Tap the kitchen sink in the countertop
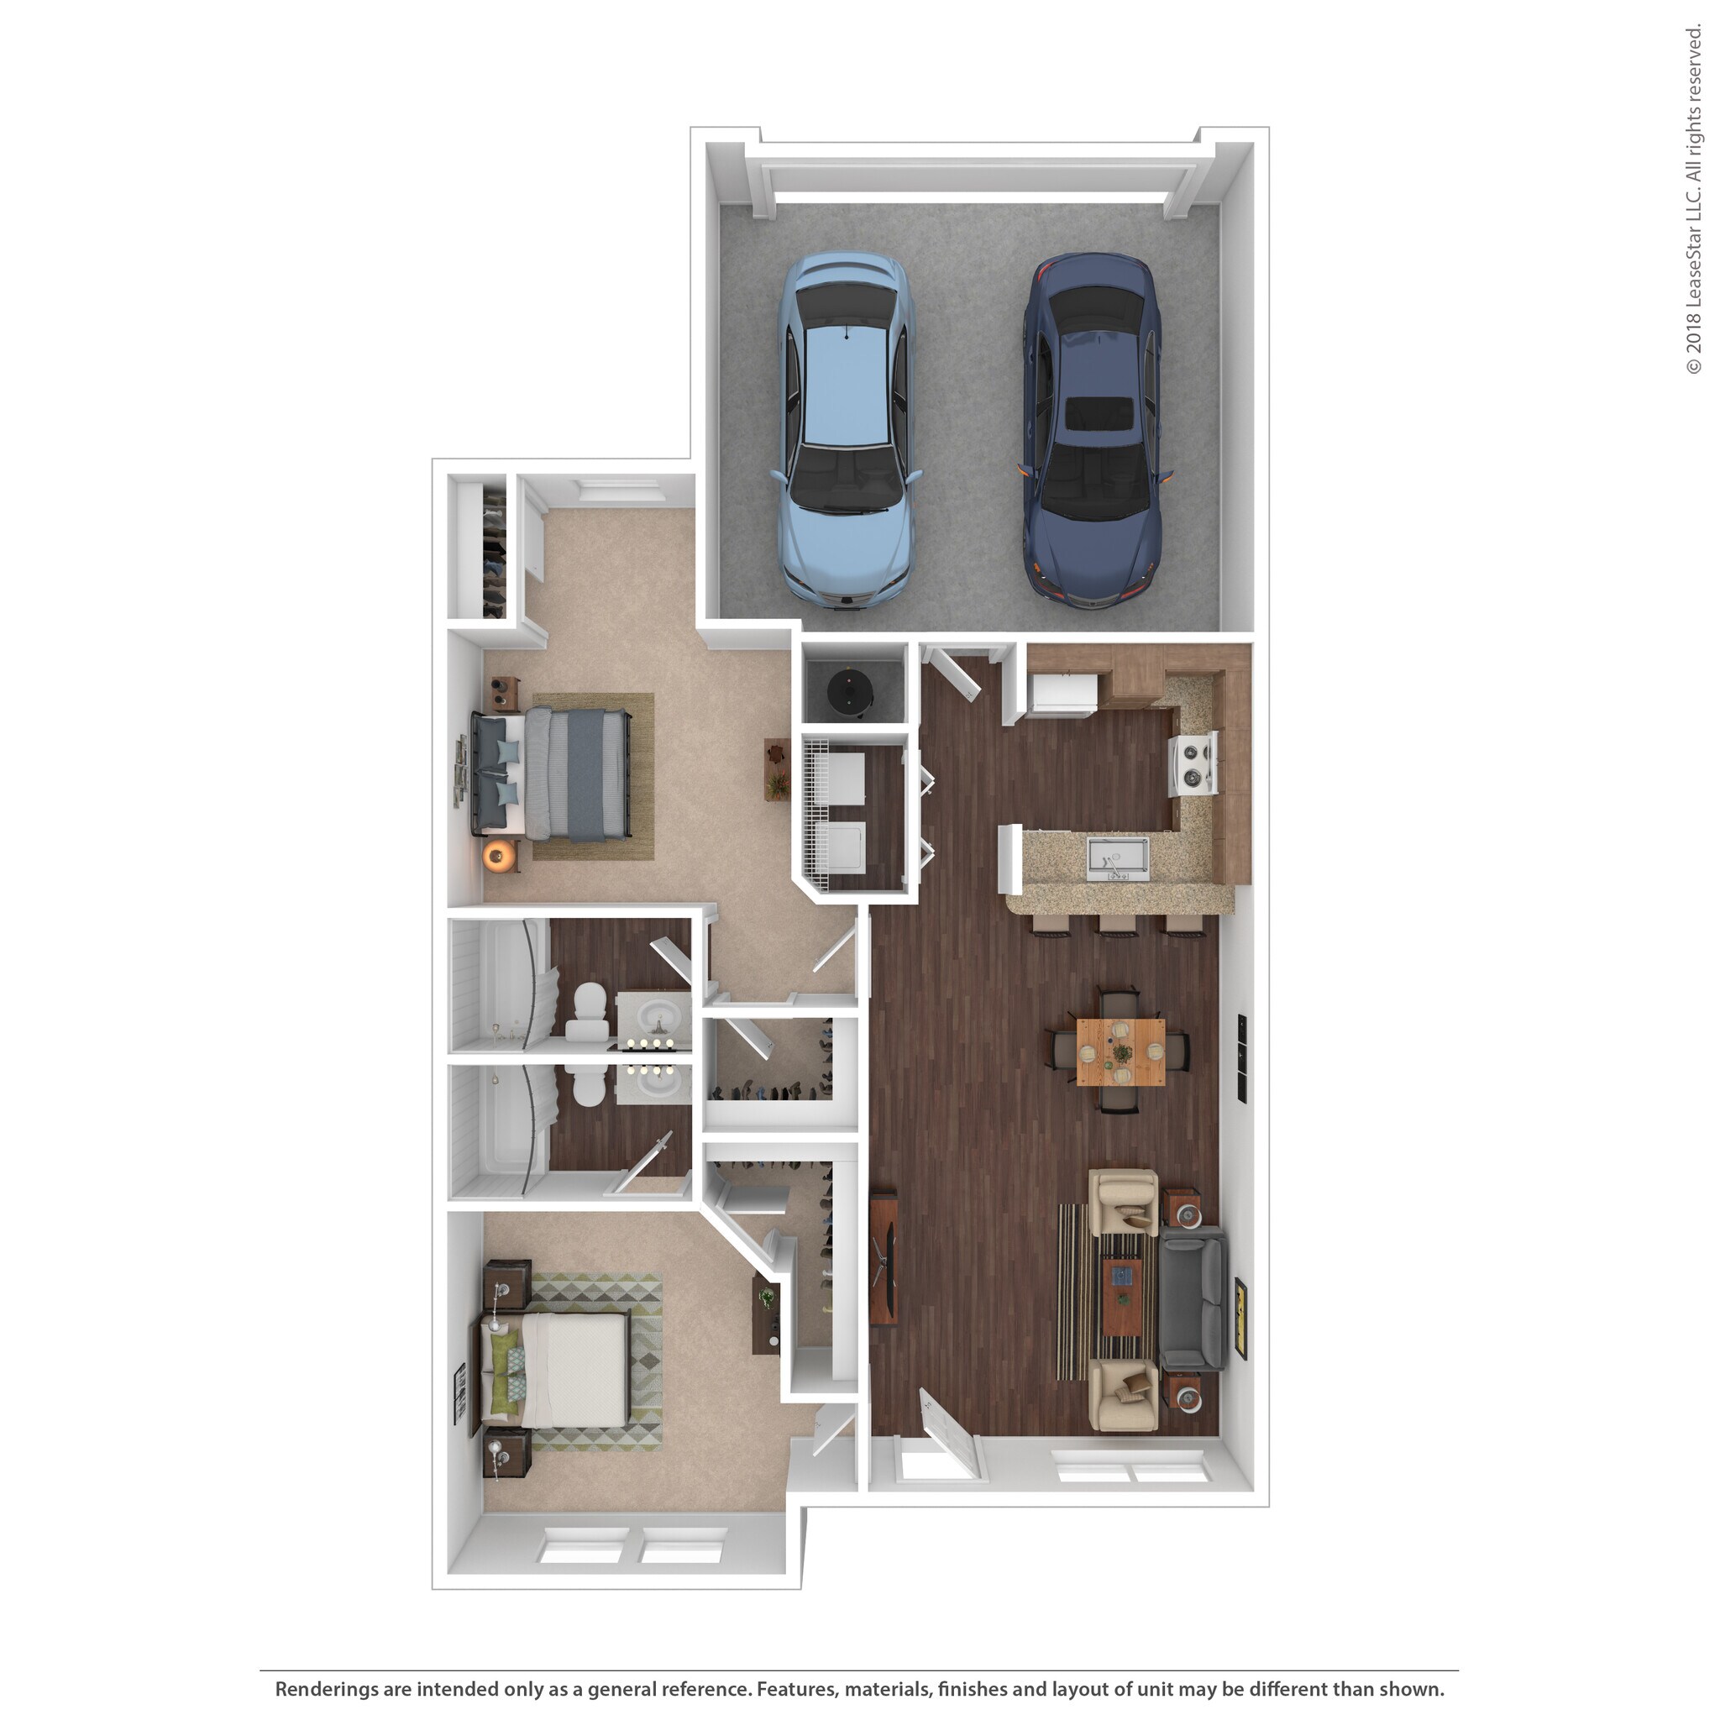(x=1117, y=856)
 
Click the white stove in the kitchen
(x=1193, y=764)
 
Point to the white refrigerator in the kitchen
(x=1062, y=695)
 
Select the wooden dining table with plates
(x=1120, y=1052)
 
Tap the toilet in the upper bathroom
(x=587, y=1010)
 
